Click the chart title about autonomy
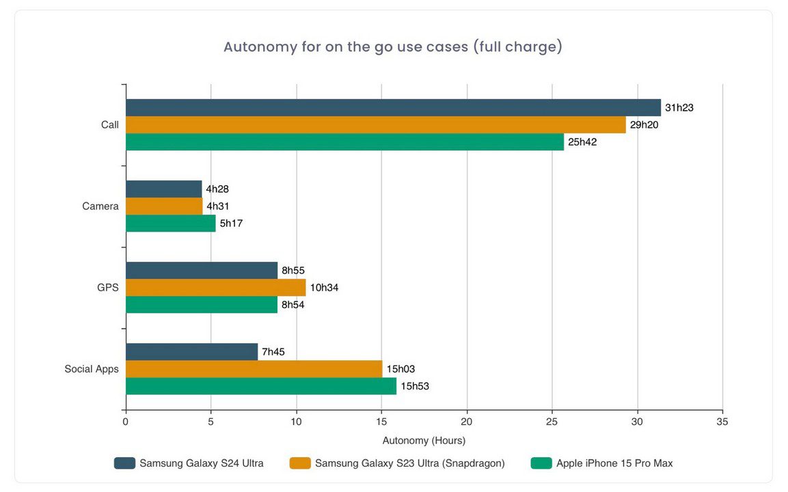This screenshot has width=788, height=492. (393, 47)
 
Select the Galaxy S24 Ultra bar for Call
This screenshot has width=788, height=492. (393, 107)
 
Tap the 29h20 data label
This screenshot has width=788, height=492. (644, 124)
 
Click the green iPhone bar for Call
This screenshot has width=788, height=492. (344, 141)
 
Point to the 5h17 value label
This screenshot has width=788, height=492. (231, 223)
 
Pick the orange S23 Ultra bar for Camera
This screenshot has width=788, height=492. (164, 206)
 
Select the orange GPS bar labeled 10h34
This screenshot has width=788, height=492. (215, 288)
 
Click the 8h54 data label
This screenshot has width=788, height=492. (293, 305)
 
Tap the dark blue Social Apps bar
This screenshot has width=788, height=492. (191, 352)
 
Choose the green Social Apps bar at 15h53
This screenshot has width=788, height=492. (260, 386)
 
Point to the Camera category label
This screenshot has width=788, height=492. (100, 206)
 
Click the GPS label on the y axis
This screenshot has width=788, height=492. (108, 288)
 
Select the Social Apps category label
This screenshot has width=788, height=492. (92, 369)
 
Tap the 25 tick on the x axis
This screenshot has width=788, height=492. (552, 422)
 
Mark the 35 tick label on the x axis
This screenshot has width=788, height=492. (722, 422)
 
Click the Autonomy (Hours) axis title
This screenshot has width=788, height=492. (424, 441)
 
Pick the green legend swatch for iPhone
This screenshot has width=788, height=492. (541, 463)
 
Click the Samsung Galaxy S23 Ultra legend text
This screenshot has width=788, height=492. (410, 463)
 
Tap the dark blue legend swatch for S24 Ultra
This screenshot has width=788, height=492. (124, 463)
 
